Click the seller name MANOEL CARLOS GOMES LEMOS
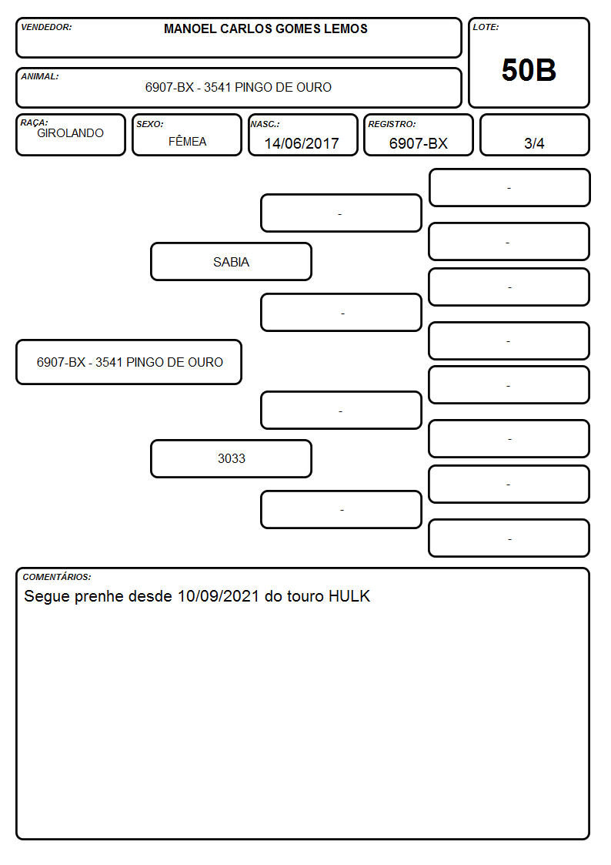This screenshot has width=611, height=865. point(265,28)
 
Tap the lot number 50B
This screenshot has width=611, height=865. point(529,70)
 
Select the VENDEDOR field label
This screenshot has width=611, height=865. point(46,27)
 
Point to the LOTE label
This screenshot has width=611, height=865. point(486,27)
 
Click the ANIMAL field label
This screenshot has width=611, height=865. point(40,77)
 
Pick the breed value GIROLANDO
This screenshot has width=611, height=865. point(70,133)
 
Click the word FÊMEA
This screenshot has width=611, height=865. point(187,142)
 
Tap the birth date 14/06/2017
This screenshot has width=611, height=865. point(302,143)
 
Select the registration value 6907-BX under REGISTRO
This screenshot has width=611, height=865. point(418,143)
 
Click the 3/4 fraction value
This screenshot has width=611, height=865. point(534,143)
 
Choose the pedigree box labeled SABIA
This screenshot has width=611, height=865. point(232,261)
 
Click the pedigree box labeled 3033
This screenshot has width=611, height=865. point(232,458)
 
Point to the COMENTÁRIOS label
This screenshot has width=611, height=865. point(57,577)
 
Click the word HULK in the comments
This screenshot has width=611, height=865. point(349,596)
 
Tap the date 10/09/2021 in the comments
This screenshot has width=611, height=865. point(219,596)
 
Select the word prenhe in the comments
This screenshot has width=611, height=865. point(98,597)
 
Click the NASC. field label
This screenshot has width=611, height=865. point(265,125)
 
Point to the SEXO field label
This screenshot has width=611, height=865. point(150,125)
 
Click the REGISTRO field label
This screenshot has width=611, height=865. point(392,125)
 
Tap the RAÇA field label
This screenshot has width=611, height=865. point(34,122)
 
